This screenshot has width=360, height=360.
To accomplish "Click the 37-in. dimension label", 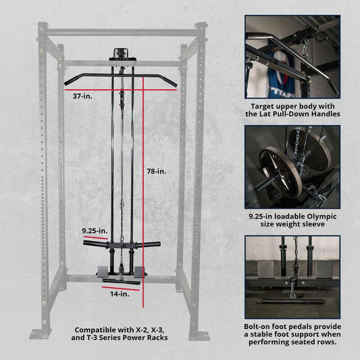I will click(82, 97).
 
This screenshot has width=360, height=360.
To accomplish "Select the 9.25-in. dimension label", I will click(94, 230).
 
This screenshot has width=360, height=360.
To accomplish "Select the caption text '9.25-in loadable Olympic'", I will click(292, 217).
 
